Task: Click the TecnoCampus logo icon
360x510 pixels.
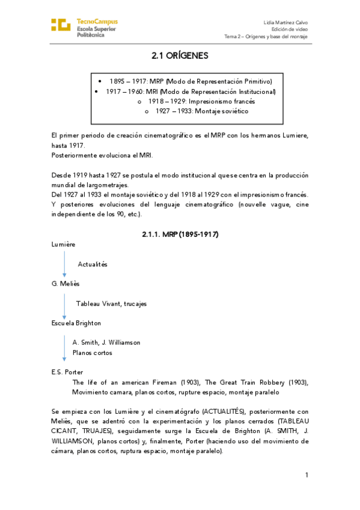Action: point(61,25)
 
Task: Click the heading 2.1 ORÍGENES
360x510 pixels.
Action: point(180,55)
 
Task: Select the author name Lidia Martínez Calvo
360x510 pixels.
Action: point(285,22)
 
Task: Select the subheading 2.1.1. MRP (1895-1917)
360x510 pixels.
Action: point(180,233)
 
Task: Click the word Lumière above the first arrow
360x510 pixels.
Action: point(64,244)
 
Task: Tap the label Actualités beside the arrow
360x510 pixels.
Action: point(93,264)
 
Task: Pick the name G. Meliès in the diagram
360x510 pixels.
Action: point(66,283)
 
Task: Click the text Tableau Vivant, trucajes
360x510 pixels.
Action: point(111,304)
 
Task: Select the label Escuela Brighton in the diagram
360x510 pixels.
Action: point(76,323)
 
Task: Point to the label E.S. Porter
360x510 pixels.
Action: point(67,372)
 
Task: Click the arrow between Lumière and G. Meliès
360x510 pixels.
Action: point(64,264)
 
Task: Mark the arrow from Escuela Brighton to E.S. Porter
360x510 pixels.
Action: point(64,348)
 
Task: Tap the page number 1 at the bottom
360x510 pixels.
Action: point(307,475)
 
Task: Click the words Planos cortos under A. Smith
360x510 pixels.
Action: point(92,352)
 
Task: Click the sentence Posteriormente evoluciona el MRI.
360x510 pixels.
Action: point(102,155)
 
